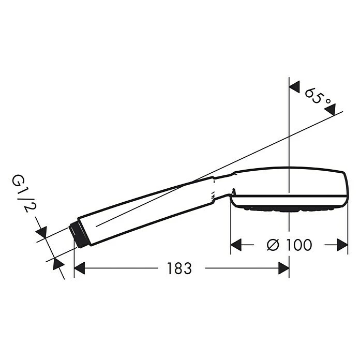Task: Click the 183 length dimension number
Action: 179,268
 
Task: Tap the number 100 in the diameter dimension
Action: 299,245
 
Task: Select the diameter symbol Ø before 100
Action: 273,245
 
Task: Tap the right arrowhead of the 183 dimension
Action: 283,268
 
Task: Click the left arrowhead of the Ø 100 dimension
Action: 236,245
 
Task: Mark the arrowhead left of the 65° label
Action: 294,87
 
